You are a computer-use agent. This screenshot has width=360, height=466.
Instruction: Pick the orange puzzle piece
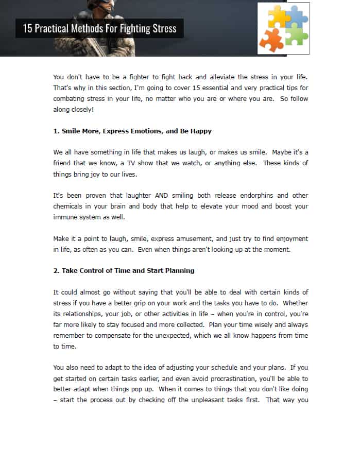[x=271, y=40]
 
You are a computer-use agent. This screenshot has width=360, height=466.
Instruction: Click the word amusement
[x=191, y=239]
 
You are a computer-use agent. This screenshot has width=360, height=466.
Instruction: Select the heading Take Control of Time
[x=124, y=271]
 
